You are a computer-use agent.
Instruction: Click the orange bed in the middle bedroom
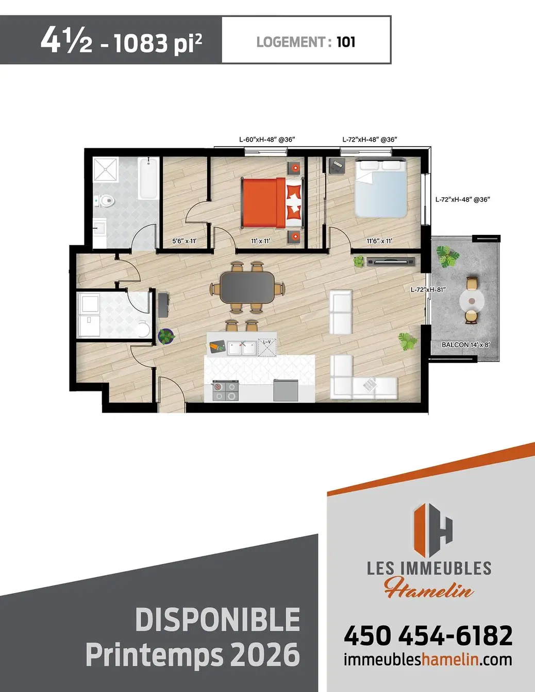[263, 202]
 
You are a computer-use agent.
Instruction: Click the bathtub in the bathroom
[148, 178]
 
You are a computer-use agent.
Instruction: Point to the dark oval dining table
[247, 287]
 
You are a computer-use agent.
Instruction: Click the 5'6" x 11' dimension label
[184, 241]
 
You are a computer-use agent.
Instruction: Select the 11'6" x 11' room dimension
[379, 241]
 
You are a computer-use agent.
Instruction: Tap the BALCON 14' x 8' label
[465, 345]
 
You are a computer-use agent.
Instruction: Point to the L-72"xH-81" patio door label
[428, 289]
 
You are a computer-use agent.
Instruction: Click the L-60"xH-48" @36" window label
[267, 140]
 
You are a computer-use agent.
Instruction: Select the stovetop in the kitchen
[225, 391]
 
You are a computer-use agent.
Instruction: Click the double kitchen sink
[242, 349]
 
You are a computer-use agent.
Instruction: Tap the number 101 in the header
[346, 42]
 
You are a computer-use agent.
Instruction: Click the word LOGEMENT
[291, 42]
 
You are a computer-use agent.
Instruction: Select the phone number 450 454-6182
[428, 635]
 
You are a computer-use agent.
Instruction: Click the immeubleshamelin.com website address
[428, 660]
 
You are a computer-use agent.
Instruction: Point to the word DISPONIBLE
[218, 620]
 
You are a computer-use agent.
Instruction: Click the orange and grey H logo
[433, 530]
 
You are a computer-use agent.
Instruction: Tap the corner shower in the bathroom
[106, 169]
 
